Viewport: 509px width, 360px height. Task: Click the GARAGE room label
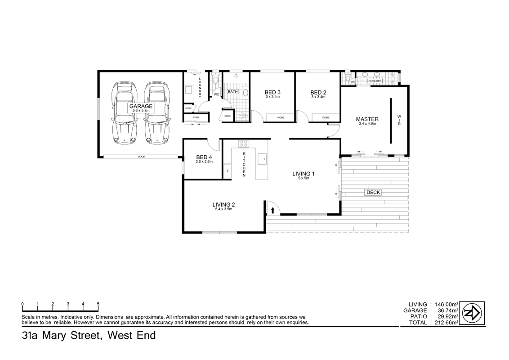pos(141,107)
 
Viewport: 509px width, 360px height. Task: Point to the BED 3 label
pos(272,93)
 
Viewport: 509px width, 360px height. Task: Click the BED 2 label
pos(318,93)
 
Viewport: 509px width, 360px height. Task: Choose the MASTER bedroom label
pos(367,119)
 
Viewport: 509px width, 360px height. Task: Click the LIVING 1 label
pos(303,174)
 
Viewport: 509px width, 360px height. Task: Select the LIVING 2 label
pos(223,205)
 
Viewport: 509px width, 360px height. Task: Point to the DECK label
pos(373,192)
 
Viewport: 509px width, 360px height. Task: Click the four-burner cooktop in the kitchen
pos(243,144)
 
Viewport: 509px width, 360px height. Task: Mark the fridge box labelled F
pos(228,171)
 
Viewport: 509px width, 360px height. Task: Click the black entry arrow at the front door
pos(272,210)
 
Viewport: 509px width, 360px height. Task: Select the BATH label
pos(232,92)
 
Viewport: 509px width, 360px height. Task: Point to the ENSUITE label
pos(375,81)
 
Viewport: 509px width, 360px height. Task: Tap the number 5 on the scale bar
pos(98,304)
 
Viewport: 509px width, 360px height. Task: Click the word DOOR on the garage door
pos(142,157)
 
